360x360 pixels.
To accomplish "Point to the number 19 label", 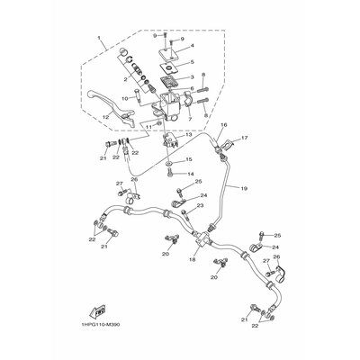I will (x=243, y=189).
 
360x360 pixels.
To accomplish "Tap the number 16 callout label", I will (x=224, y=125).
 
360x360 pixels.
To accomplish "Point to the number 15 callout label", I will (x=189, y=159).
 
